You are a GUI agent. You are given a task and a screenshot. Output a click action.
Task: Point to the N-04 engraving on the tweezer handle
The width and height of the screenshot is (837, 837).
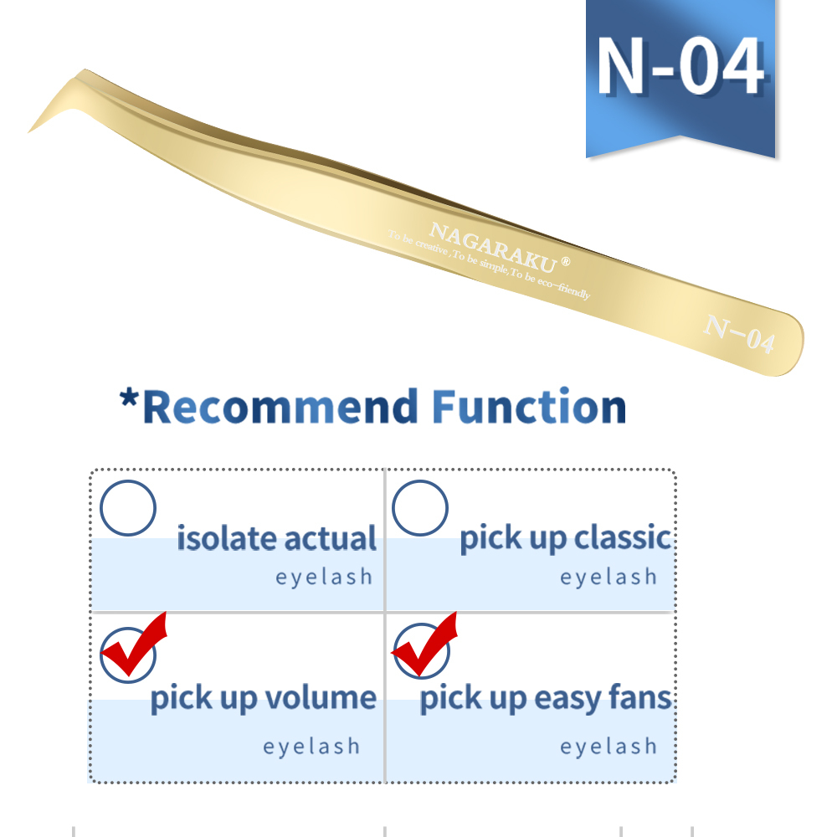[x=738, y=333]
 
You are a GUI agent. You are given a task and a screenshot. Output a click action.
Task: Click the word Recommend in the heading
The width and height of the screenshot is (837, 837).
[x=281, y=408]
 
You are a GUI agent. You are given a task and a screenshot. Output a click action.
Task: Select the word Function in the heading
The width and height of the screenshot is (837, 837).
[x=529, y=408]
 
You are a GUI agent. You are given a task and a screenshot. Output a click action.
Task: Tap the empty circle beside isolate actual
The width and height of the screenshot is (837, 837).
[x=128, y=508]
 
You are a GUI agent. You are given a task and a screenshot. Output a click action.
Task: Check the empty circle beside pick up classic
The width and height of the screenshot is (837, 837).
[x=420, y=508]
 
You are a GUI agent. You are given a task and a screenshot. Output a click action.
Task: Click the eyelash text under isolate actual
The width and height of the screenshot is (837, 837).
[x=324, y=577]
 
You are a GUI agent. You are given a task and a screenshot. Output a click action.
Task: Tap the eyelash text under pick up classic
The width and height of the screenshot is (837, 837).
[x=608, y=577]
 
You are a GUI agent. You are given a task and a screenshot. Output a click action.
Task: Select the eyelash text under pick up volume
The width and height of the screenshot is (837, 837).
[x=311, y=746]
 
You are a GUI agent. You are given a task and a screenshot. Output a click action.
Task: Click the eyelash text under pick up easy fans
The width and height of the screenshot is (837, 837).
[x=608, y=746]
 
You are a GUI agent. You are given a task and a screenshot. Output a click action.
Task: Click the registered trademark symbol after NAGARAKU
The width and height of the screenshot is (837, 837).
[x=566, y=261]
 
